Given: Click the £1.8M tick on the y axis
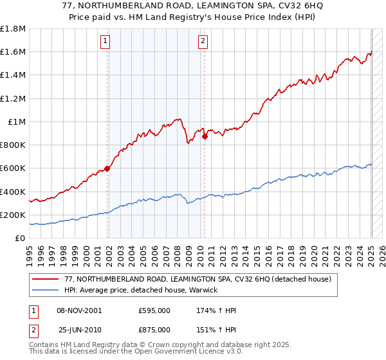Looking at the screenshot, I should [x=13, y=29].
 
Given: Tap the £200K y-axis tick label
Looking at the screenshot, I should [x=13, y=215].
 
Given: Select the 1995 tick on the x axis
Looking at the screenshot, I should [x=30, y=249].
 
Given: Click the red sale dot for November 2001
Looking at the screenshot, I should [x=107, y=168].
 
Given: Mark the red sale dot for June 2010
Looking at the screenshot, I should [x=205, y=136].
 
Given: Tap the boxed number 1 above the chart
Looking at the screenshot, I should [x=106, y=42].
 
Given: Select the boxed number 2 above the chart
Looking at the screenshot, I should [x=203, y=42].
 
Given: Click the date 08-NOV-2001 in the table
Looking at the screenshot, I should [x=79, y=310].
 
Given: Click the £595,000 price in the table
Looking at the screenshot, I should [x=154, y=310].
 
